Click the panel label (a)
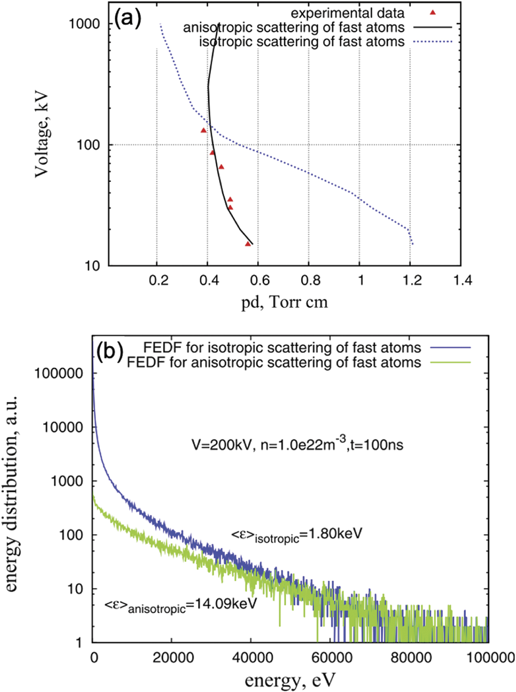(x=128, y=18)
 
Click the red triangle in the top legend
(x=433, y=13)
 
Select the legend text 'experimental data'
(x=347, y=14)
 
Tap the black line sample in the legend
(x=433, y=27)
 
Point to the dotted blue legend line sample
(x=433, y=42)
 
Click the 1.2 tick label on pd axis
(x=412, y=280)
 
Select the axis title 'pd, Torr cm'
(x=285, y=302)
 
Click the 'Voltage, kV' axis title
(x=42, y=136)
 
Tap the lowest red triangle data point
(x=248, y=244)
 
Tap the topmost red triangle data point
(x=204, y=130)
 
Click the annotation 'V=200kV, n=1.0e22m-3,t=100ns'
(x=297, y=444)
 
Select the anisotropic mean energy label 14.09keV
(x=180, y=605)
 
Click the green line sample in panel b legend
(x=450, y=362)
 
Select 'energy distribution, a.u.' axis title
(x=12, y=493)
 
